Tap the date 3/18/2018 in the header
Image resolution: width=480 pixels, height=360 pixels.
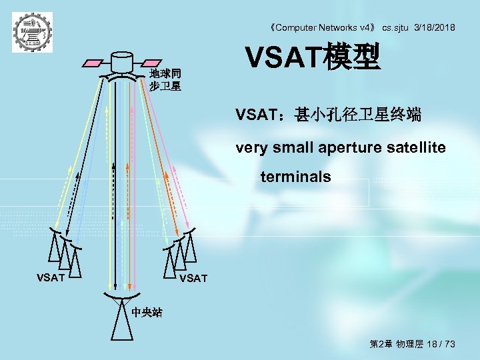(435, 27)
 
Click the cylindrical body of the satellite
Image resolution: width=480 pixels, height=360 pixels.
(122, 62)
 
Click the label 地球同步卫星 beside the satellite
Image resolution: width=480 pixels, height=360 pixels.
(165, 80)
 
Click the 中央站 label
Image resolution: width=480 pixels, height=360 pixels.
(147, 311)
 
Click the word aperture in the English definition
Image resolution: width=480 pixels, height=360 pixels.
(353, 147)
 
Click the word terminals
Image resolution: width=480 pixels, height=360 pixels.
(295, 177)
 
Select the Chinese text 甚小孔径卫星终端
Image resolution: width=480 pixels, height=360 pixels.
(358, 115)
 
